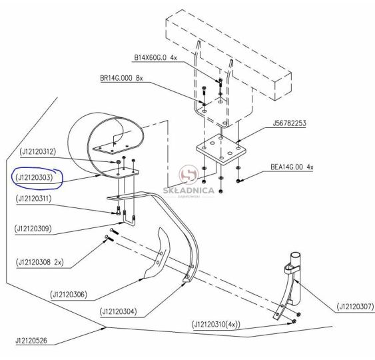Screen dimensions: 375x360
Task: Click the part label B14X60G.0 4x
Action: click(155, 58)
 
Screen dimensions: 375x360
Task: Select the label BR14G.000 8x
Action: click(121, 78)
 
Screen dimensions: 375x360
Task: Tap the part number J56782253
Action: click(289, 123)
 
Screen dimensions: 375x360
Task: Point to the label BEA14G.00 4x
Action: click(292, 167)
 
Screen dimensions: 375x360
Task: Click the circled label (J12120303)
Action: click(34, 177)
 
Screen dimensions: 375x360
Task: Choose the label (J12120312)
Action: click(38, 151)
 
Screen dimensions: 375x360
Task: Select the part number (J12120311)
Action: click(34, 199)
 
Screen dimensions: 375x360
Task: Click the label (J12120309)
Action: click(33, 229)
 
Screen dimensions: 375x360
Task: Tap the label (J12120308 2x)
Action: click(40, 263)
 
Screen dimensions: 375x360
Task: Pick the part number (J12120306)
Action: click(69, 294)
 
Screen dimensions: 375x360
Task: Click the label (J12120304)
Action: click(119, 311)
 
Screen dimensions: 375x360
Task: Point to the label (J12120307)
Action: click(356, 307)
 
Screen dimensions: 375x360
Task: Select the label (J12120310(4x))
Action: click(216, 325)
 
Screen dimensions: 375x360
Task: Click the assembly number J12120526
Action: click(31, 341)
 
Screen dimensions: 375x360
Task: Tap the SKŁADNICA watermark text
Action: click(188, 191)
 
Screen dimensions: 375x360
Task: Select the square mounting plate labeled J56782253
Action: click(221, 149)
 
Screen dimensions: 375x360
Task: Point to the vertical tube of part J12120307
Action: click(296, 279)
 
